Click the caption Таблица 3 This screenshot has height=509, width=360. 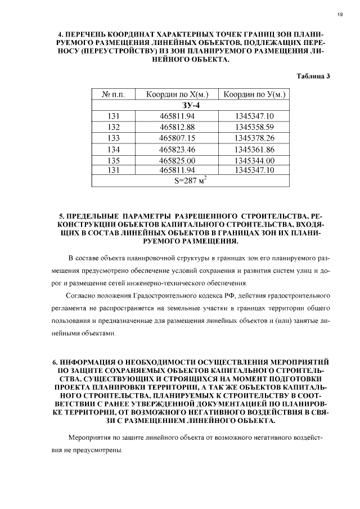point(313,76)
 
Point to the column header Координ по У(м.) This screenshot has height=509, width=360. point(254,94)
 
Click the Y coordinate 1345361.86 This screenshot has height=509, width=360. point(254,149)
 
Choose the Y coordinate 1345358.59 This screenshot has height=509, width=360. point(254,127)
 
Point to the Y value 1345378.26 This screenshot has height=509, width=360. point(254,138)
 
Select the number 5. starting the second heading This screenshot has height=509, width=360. point(61,216)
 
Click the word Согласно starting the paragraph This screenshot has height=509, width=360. point(83,295)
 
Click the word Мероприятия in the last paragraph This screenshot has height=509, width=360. point(90,438)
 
